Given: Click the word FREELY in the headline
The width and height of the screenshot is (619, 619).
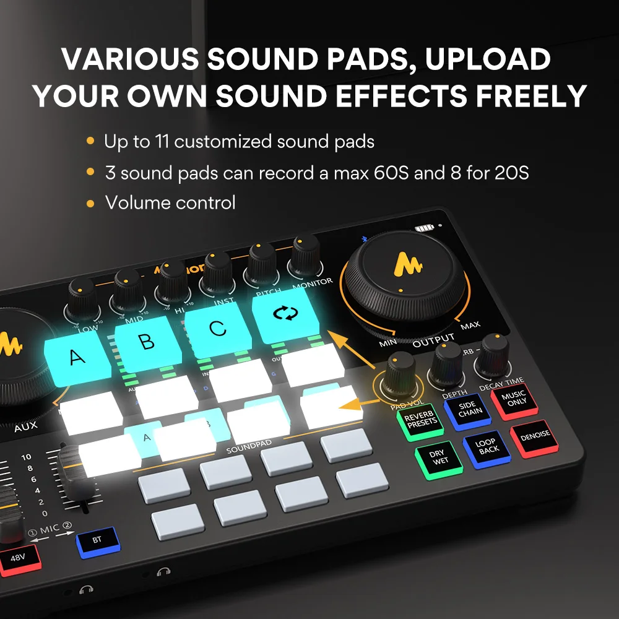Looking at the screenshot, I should click(x=524, y=96).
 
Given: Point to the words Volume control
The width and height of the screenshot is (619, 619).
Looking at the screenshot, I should click(x=170, y=202).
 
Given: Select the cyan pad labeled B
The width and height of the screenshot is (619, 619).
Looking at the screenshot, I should click(x=147, y=343).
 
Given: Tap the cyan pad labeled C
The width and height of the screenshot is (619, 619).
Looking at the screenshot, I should click(x=217, y=328).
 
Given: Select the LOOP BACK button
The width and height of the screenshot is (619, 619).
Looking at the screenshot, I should click(x=488, y=446).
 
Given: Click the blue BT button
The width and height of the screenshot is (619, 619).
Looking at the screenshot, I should click(x=97, y=540).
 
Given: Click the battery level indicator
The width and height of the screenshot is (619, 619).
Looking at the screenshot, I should click(x=425, y=228).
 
